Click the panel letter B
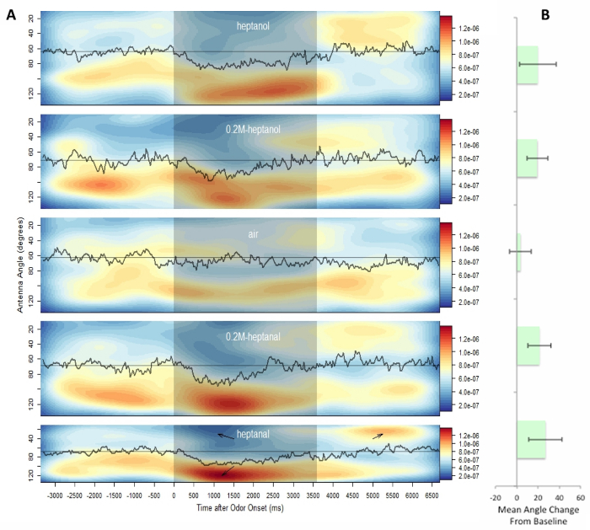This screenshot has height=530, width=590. (545, 14)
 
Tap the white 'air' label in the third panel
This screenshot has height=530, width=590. (253, 234)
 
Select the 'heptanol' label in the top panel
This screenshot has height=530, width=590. (253, 26)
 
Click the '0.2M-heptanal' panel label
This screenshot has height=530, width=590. (253, 336)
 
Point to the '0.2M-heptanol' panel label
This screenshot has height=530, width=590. (253, 130)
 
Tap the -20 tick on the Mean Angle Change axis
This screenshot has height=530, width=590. (496, 498)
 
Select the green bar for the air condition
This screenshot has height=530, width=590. (519, 252)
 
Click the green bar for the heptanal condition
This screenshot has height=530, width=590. (531, 440)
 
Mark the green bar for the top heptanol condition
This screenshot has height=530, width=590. (528, 65)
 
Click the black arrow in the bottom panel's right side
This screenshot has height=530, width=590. (378, 436)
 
